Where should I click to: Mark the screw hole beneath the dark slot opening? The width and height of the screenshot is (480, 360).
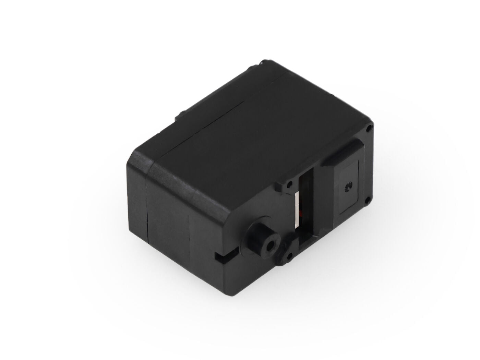point(290,255)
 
